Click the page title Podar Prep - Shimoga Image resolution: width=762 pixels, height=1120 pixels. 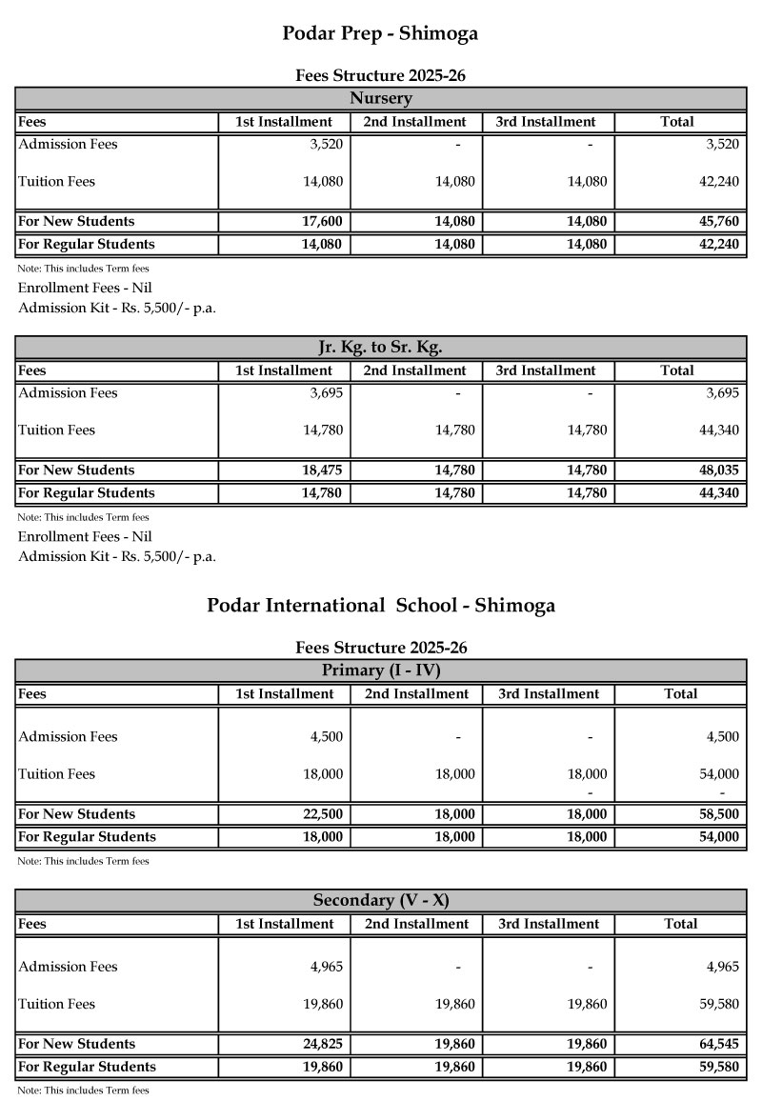(x=380, y=34)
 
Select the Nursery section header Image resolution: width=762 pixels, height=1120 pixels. (x=380, y=98)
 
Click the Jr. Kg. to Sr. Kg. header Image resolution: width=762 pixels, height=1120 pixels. (x=380, y=347)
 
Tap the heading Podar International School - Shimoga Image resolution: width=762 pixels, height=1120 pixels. (x=381, y=606)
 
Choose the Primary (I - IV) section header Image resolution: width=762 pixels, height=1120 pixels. (x=380, y=670)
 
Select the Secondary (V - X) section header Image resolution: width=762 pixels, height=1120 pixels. (x=380, y=900)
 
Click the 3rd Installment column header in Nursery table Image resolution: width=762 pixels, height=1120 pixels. (x=546, y=122)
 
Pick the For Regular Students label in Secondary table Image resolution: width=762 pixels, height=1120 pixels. (x=87, y=1067)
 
